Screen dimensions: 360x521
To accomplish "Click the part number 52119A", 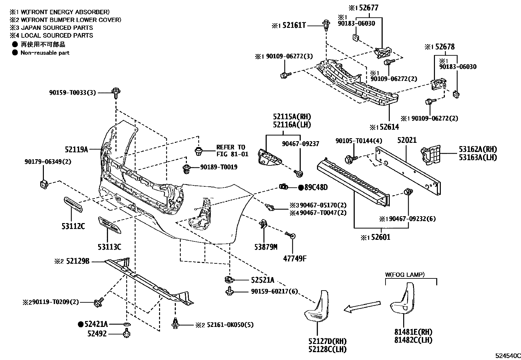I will [76, 150].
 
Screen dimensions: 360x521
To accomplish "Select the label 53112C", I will [73, 226].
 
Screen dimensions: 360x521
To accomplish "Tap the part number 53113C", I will [109, 247].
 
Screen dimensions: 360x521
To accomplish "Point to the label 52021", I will [407, 140].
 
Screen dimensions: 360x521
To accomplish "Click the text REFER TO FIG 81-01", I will [232, 151].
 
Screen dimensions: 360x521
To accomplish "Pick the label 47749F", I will [295, 258].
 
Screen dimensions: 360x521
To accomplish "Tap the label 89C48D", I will [316, 187].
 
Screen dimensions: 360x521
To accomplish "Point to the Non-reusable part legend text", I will [45, 53].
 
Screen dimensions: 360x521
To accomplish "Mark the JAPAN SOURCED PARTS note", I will [57, 28].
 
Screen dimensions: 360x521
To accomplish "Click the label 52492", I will [97, 334].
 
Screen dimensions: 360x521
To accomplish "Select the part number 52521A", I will [262, 280].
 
